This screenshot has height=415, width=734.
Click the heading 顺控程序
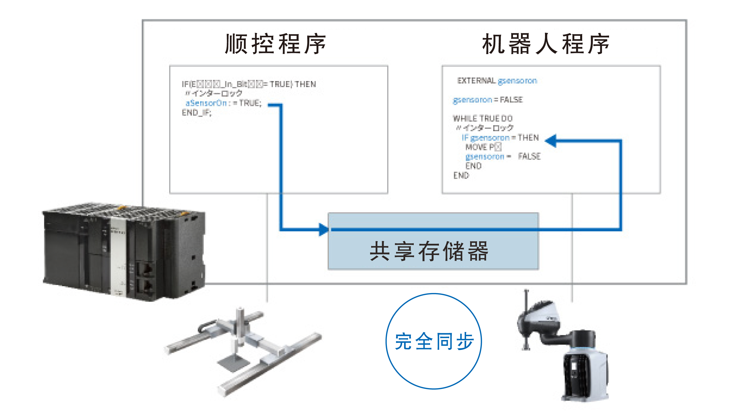point(275,44)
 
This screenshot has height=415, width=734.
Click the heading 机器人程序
point(546,44)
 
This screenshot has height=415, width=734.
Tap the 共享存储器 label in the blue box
point(429,251)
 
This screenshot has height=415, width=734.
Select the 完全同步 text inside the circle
point(434,341)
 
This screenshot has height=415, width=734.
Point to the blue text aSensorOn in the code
point(206,103)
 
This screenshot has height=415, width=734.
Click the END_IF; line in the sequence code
point(197,113)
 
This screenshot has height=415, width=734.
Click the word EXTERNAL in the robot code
point(476,81)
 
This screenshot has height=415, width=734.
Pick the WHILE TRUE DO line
point(483,118)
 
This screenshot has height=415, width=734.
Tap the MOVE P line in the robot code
point(483,147)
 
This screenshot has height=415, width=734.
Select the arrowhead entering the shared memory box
point(324,230)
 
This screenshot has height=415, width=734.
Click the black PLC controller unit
point(123,252)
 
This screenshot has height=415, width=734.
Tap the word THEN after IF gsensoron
point(528,138)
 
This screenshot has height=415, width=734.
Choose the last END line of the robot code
point(461,176)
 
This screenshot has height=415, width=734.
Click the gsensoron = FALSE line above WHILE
point(488,100)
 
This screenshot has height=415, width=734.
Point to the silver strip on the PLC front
point(118,258)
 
